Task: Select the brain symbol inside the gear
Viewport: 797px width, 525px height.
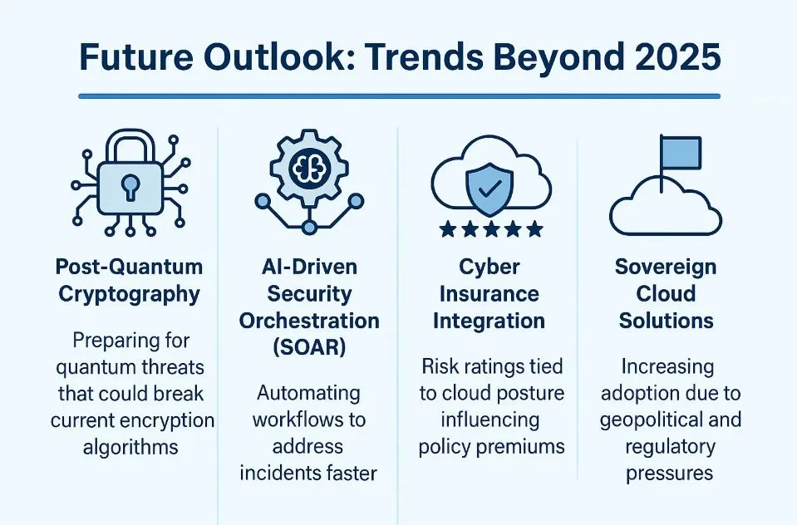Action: [x=309, y=167]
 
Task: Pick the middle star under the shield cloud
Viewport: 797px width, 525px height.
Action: [x=491, y=230]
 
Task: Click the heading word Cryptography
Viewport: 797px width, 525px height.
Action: [x=129, y=295]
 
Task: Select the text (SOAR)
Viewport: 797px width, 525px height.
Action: [x=309, y=347]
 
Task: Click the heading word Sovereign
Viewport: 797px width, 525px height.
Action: [x=666, y=267]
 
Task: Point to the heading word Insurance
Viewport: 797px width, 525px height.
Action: [x=489, y=294]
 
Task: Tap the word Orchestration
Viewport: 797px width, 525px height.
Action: [x=309, y=321]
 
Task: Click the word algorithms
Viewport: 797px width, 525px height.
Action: [x=130, y=448]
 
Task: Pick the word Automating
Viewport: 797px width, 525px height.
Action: [x=308, y=394]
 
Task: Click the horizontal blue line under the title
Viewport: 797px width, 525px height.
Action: [x=399, y=96]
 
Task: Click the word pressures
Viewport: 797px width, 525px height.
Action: [x=669, y=473]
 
